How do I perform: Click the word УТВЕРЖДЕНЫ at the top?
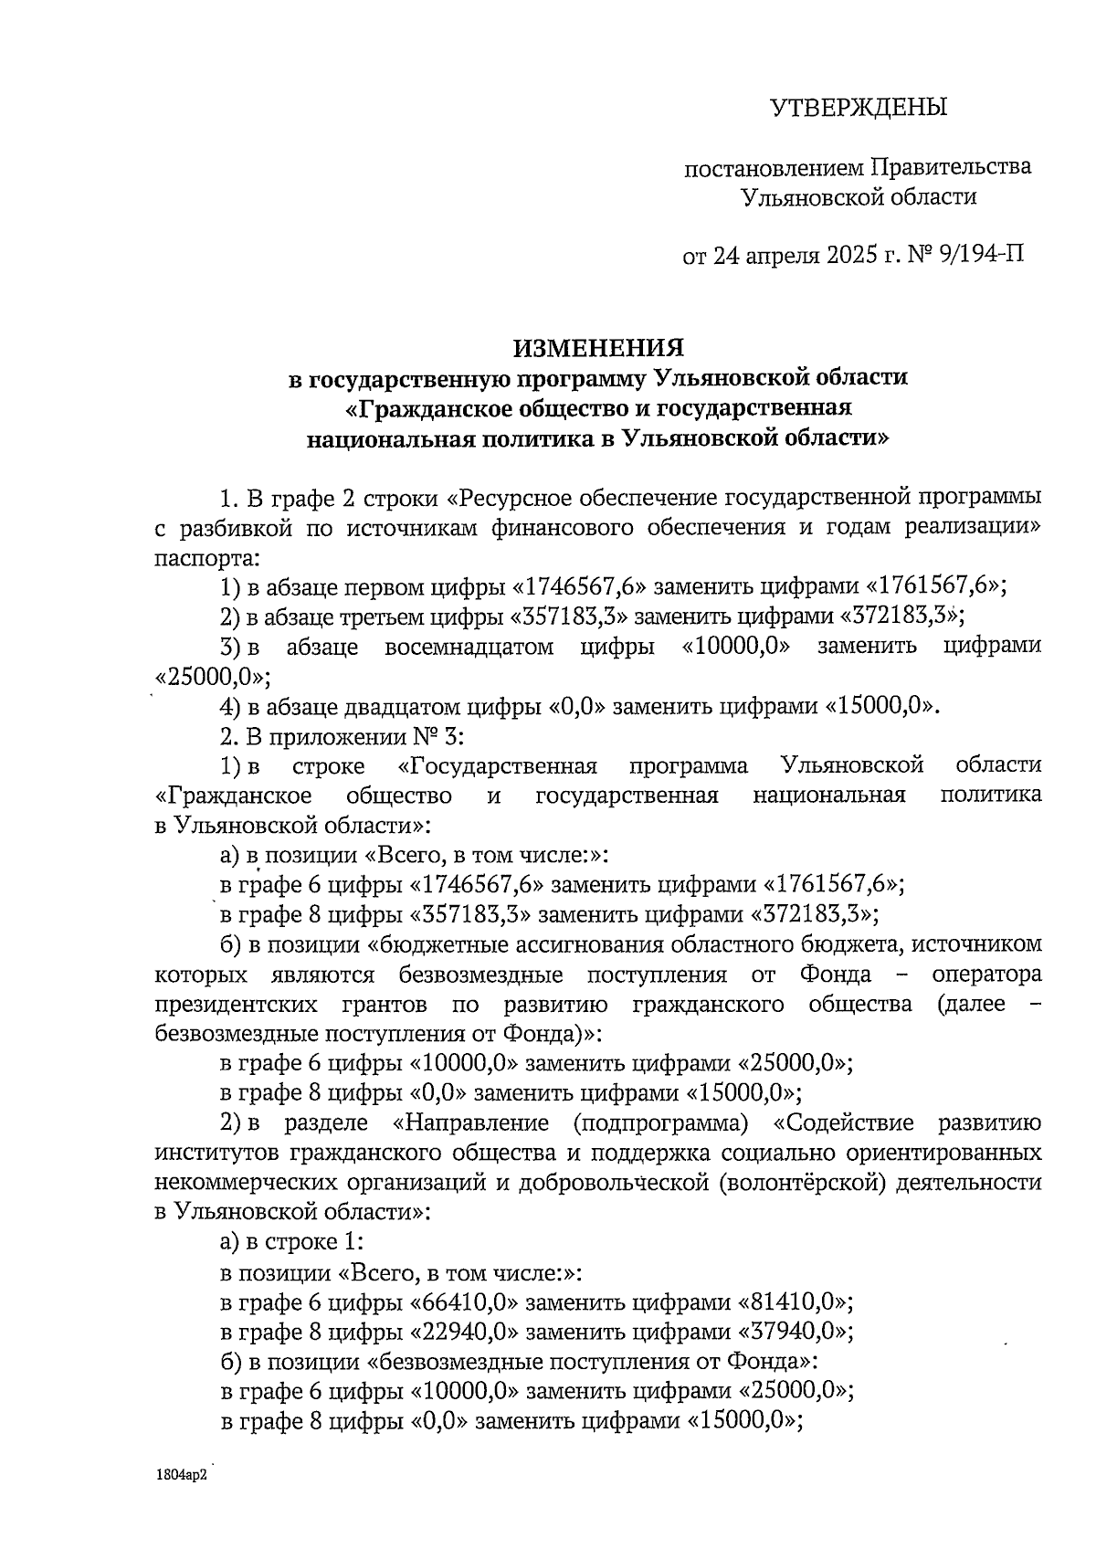858,108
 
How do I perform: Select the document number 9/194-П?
980,254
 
